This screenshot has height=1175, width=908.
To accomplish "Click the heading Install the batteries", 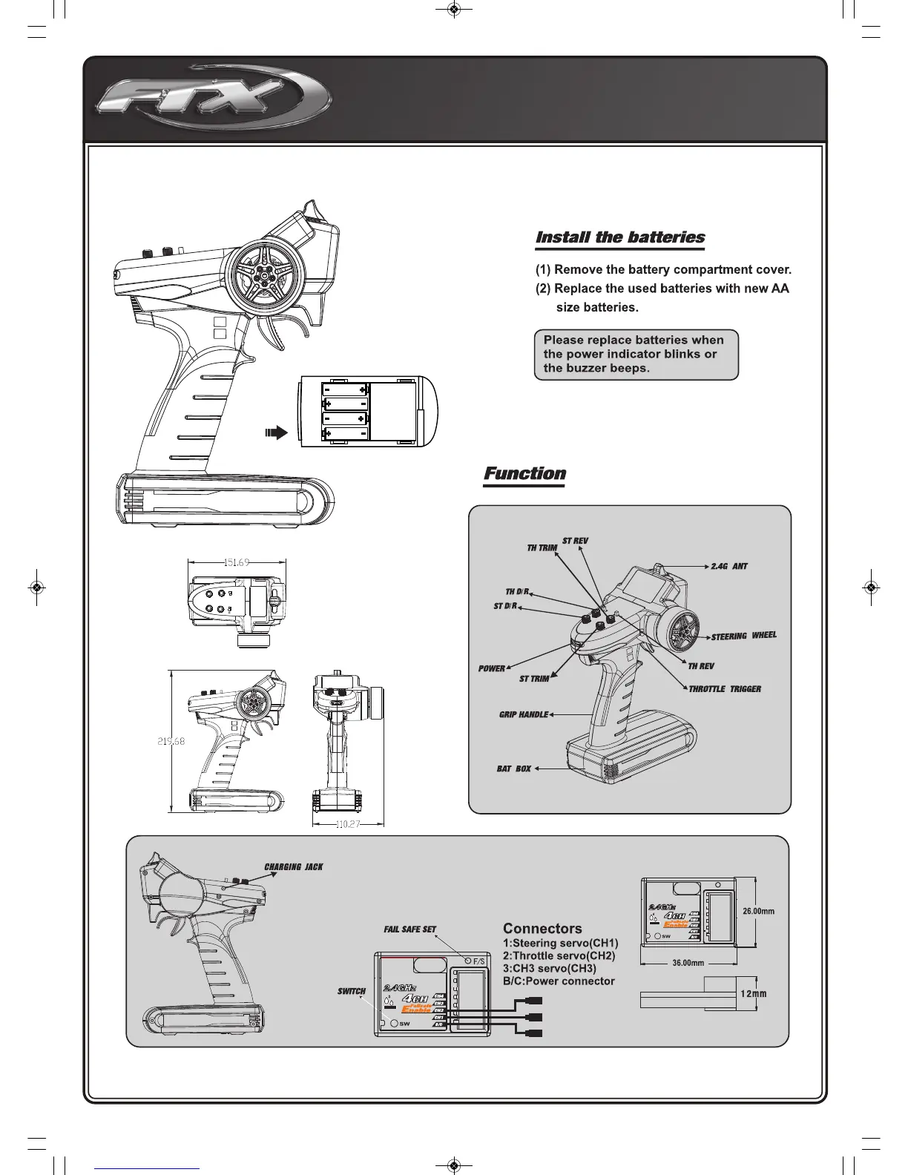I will [x=620, y=237].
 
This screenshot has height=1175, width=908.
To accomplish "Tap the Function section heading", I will [x=524, y=473].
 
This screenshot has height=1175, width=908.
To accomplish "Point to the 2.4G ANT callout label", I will [x=728, y=566].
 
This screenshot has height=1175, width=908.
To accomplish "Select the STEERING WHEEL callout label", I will [x=743, y=636].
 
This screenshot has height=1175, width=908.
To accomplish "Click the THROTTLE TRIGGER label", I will [x=725, y=689].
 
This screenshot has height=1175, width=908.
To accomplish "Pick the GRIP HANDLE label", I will [x=523, y=715].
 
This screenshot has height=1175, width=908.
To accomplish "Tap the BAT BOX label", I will [x=513, y=768].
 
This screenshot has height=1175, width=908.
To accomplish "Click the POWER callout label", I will [x=491, y=668].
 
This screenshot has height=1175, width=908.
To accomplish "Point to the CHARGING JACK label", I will [x=294, y=866].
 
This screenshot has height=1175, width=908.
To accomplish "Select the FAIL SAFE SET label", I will [x=409, y=929].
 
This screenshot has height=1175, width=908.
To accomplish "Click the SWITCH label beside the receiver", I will [x=352, y=991].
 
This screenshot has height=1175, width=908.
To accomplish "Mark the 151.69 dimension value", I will [x=236, y=563].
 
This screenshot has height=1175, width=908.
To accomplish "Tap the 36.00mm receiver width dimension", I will [x=688, y=963].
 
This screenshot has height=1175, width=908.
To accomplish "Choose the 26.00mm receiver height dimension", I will [x=759, y=912].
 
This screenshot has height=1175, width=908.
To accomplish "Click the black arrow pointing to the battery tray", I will [x=276, y=433].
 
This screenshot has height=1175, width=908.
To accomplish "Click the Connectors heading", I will [x=542, y=929].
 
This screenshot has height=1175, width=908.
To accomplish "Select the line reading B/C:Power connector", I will [x=559, y=981].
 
